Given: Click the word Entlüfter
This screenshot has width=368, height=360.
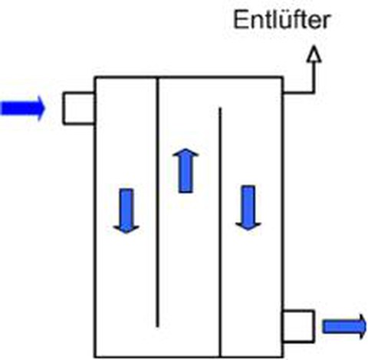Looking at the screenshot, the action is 282,19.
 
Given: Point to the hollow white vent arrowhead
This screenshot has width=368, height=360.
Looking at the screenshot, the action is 314,54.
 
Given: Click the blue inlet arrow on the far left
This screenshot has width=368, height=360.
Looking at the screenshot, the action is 23,108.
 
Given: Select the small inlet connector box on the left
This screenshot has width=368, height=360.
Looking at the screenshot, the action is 79,108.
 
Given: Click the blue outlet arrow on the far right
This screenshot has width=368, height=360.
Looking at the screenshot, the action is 344,326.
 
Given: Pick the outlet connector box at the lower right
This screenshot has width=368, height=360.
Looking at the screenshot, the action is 298,326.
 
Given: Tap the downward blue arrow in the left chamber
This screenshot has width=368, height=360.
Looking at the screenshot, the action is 127,211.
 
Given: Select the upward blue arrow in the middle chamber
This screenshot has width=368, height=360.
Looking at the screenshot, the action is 186,170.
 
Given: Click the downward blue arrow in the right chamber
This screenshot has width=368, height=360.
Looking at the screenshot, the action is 248,208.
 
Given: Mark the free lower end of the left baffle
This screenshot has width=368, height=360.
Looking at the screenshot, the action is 157,326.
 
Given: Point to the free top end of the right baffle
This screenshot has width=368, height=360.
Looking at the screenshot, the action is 220,108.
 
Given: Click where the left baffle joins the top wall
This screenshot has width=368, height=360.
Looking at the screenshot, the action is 157,77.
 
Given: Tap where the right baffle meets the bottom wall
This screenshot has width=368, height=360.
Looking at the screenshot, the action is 220,356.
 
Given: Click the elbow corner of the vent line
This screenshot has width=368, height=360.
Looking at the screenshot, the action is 314,92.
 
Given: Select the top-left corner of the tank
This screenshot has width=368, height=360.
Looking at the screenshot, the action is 95,77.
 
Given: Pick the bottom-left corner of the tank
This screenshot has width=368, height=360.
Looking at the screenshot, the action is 95,356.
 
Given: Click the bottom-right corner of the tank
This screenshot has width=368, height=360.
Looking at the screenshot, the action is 283,356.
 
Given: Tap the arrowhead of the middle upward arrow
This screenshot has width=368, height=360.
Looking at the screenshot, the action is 186,153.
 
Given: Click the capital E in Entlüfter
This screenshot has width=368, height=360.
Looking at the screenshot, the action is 240,20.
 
